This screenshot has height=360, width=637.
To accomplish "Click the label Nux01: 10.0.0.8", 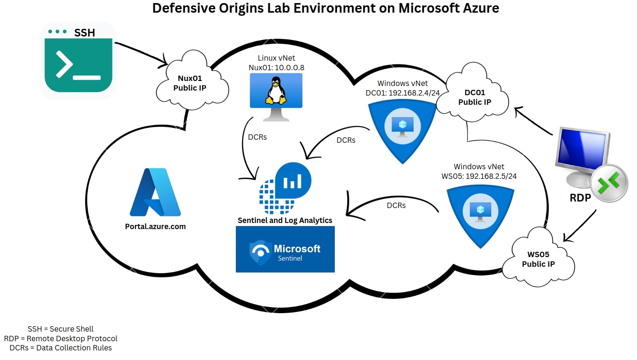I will pyautogui.click(x=276, y=68).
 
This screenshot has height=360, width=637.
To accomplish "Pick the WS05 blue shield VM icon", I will pyautogui.click(x=480, y=213).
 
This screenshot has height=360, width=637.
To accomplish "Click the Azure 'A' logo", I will pyautogui.click(x=155, y=192).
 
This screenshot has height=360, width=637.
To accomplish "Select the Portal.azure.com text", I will pyautogui.click(x=155, y=226).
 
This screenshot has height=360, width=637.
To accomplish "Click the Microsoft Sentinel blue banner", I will pyautogui.click(x=285, y=249).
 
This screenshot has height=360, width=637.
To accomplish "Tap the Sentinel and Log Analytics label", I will pyautogui.click(x=285, y=220).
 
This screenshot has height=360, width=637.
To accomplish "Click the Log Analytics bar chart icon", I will pyautogui.click(x=293, y=181).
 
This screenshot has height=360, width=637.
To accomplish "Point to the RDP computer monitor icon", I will pyautogui.click(x=583, y=154).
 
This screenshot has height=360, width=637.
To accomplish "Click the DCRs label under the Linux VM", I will pyautogui.click(x=257, y=137).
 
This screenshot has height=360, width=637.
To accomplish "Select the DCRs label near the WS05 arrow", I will pyautogui.click(x=396, y=205).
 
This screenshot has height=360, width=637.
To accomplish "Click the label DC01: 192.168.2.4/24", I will pyautogui.click(x=402, y=93).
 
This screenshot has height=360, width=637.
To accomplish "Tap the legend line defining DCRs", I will pyautogui.click(x=61, y=348).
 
